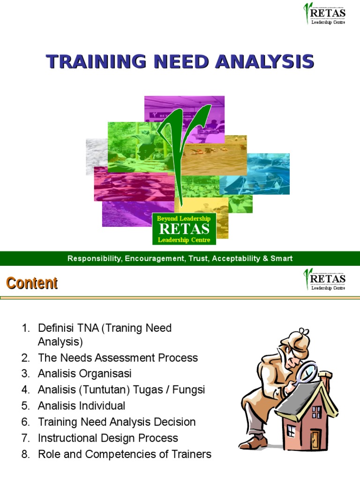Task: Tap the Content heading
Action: pos(31,283)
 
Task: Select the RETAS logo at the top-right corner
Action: pos(324,14)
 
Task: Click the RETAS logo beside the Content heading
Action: pos(324,279)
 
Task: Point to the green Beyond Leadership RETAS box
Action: pos(184,229)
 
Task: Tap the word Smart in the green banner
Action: pos(281,258)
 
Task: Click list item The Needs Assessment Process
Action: pos(118,358)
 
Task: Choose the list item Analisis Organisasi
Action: pos(84,374)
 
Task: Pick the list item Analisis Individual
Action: pos(82,406)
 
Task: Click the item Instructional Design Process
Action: pos(108,438)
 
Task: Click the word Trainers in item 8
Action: pos(192,454)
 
